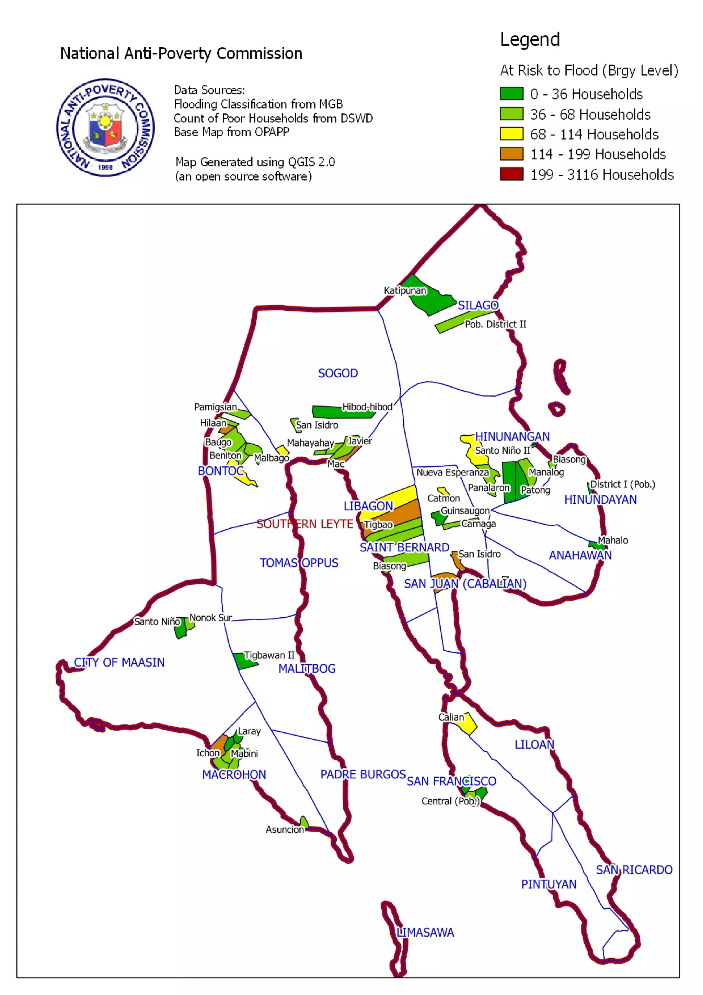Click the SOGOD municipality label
(x=338, y=373)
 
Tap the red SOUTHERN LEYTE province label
(x=304, y=524)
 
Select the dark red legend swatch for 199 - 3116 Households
(x=511, y=174)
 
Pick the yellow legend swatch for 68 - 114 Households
(x=511, y=134)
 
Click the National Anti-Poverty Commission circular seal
(x=105, y=127)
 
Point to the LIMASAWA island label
(x=425, y=932)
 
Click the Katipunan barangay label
(x=405, y=290)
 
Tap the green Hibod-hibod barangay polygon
(x=329, y=412)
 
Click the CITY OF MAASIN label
(x=119, y=662)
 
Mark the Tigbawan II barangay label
(x=269, y=655)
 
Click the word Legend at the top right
(x=530, y=40)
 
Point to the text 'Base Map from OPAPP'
(x=231, y=132)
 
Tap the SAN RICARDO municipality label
(x=634, y=870)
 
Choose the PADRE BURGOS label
(x=363, y=774)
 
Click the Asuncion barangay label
(x=285, y=830)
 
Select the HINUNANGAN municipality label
(x=512, y=436)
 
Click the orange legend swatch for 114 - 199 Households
(x=511, y=154)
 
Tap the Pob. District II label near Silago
(x=496, y=324)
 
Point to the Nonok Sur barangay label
(x=211, y=618)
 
